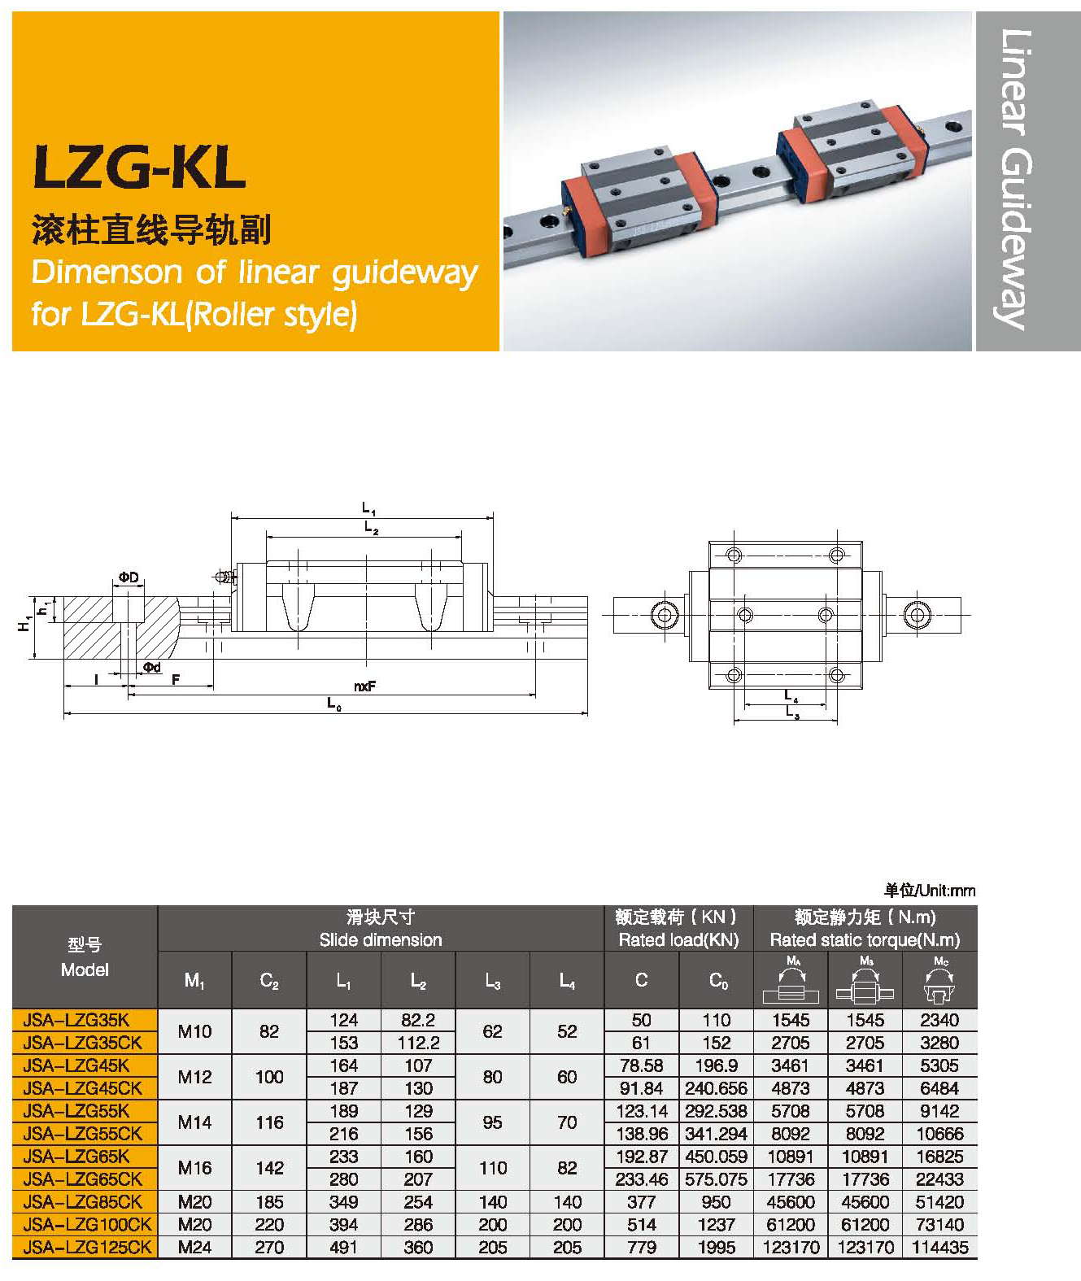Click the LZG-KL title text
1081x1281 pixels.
[139, 168]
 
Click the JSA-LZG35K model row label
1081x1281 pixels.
[77, 1020]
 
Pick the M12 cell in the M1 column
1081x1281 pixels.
[194, 1077]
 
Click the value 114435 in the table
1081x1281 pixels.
[939, 1247]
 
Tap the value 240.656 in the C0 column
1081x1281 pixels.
[716, 1088]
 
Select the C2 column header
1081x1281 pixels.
[269, 981]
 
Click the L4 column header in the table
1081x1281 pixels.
[567, 981]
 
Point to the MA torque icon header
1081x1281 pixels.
[791, 980]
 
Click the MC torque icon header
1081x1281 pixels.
[939, 980]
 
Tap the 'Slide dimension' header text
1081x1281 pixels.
[381, 940]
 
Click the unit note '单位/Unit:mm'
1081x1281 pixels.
[930, 891]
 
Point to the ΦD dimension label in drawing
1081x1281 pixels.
[128, 577]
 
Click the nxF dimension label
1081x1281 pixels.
[364, 686]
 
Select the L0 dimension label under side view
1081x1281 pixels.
[333, 704]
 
